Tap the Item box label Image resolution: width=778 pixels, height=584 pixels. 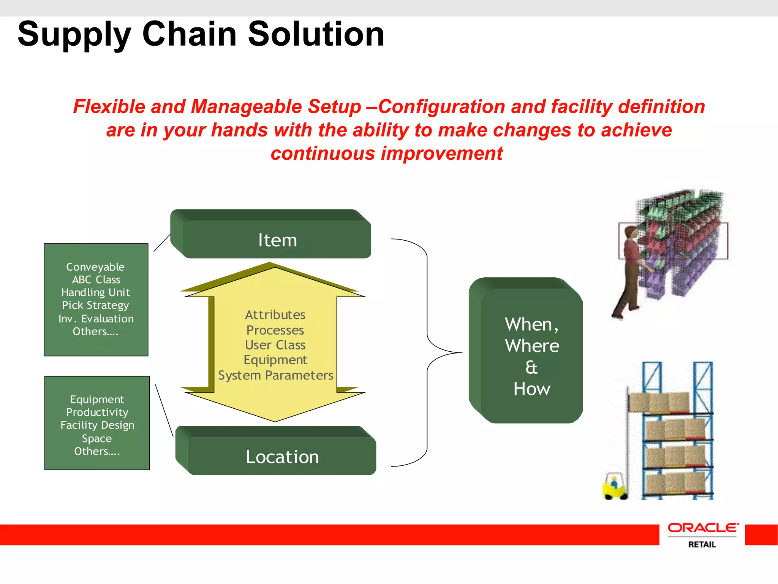tap(277, 240)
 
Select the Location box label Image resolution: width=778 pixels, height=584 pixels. tap(282, 457)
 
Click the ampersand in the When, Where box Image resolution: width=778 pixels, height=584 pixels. tap(531, 367)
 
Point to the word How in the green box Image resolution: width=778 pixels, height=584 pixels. tap(531, 389)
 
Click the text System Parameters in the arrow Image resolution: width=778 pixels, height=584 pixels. tap(275, 375)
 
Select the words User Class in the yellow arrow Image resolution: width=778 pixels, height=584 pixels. tap(275, 345)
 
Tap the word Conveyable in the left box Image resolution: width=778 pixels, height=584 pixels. tap(95, 267)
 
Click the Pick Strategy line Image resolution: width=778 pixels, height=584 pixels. tap(95, 305)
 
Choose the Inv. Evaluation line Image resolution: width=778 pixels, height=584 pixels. tap(96, 319)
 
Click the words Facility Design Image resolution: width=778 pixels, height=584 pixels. tap(97, 425)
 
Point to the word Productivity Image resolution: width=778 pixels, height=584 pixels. tap(97, 412)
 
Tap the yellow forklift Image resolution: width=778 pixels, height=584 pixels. tap(614, 487)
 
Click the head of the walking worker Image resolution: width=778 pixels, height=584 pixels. tap(631, 232)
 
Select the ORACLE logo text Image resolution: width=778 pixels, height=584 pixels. tap(703, 528)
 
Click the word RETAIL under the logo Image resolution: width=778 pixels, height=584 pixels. tap(702, 544)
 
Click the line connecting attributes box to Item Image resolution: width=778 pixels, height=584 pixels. tap(162, 243)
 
